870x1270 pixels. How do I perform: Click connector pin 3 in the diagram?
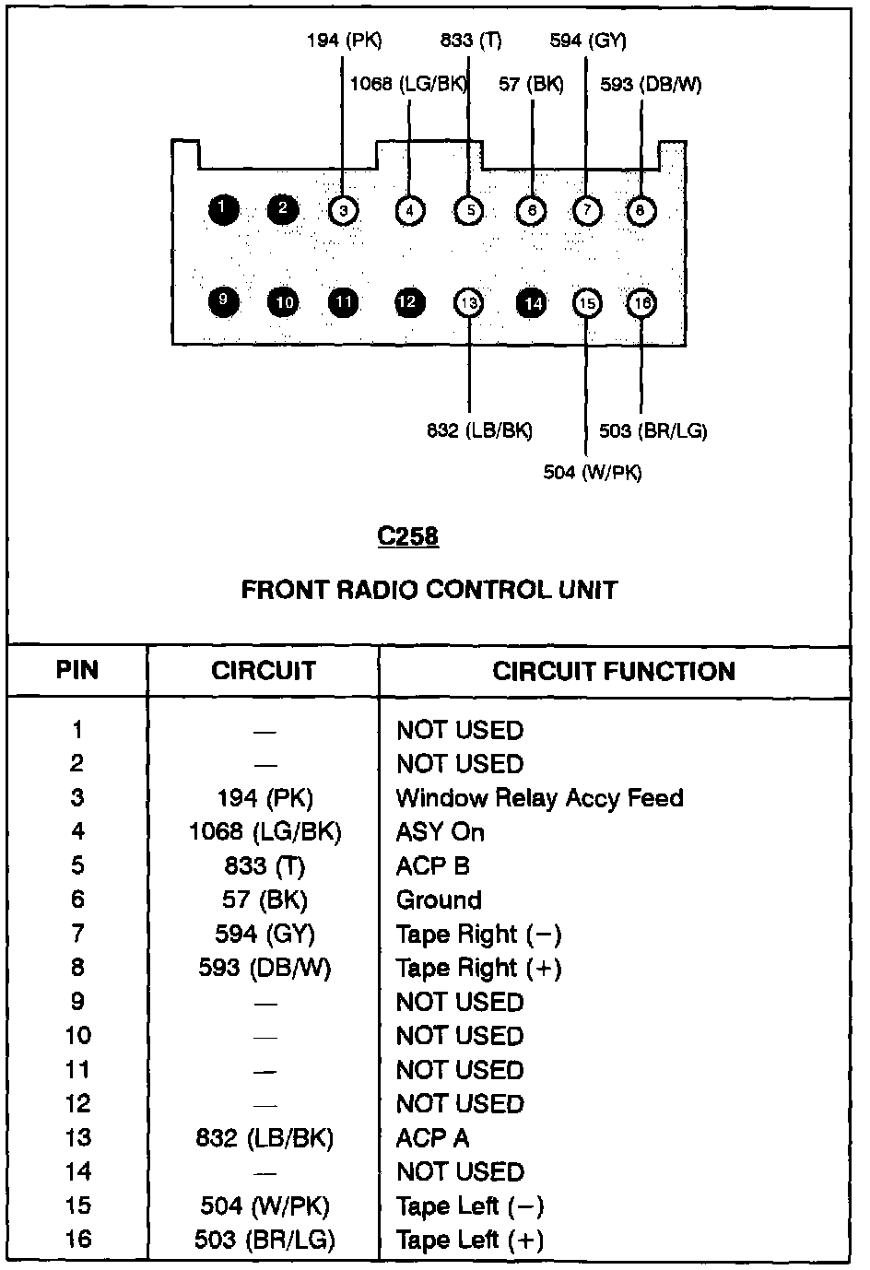pyautogui.click(x=343, y=211)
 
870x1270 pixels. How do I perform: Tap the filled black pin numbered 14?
pyautogui.click(x=532, y=302)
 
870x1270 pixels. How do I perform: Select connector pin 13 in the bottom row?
pyautogui.click(x=469, y=302)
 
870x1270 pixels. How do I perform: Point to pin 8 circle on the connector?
pyautogui.click(x=640, y=211)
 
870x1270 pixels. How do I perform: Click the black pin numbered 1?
pyautogui.click(x=223, y=210)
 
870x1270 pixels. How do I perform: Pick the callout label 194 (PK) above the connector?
pyautogui.click(x=344, y=41)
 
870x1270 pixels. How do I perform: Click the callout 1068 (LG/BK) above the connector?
pyautogui.click(x=408, y=85)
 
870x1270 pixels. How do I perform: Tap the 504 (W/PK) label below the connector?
pyautogui.click(x=593, y=473)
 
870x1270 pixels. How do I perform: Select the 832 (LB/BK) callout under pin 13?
pyautogui.click(x=479, y=430)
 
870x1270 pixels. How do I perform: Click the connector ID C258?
pyautogui.click(x=408, y=536)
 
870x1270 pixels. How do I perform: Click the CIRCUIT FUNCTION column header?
pyautogui.click(x=614, y=671)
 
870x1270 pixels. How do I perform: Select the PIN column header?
pyautogui.click(x=77, y=670)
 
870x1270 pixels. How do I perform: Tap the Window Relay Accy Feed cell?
pyautogui.click(x=540, y=797)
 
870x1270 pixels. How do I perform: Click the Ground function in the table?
pyautogui.click(x=439, y=900)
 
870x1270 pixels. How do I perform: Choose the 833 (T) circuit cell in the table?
pyautogui.click(x=264, y=865)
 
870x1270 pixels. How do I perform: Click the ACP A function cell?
pyautogui.click(x=432, y=1138)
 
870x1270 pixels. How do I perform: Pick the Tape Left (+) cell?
pyautogui.click(x=470, y=1240)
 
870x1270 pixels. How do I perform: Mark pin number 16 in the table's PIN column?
pyautogui.click(x=78, y=1240)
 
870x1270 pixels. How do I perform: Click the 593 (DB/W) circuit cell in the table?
pyautogui.click(x=265, y=968)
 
